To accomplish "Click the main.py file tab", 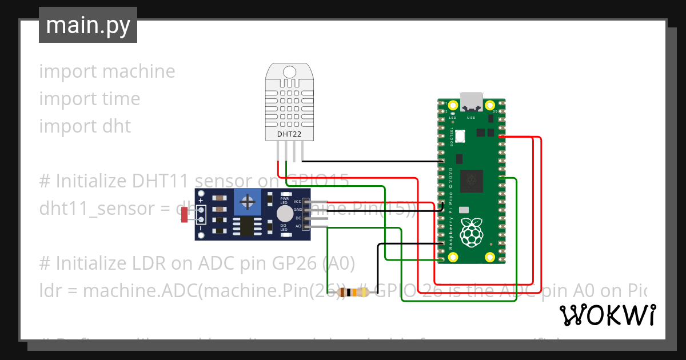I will pos(87,25).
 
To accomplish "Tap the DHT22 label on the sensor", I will pos(289,134).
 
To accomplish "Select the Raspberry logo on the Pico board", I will pos(472,231).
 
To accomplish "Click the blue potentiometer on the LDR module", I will pos(248,201).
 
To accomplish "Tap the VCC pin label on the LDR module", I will pos(297,202).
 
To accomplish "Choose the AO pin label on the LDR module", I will pos(298,226).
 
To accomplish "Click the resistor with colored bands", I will pos(354,293).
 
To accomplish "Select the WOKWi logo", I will pos(607,315).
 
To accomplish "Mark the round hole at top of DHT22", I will pos(290,71).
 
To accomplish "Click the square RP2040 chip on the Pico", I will pos(472,181).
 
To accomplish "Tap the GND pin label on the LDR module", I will pos(297,210).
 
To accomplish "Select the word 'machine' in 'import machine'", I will pos(139,71).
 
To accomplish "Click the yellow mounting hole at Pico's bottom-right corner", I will pos(489,258).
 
